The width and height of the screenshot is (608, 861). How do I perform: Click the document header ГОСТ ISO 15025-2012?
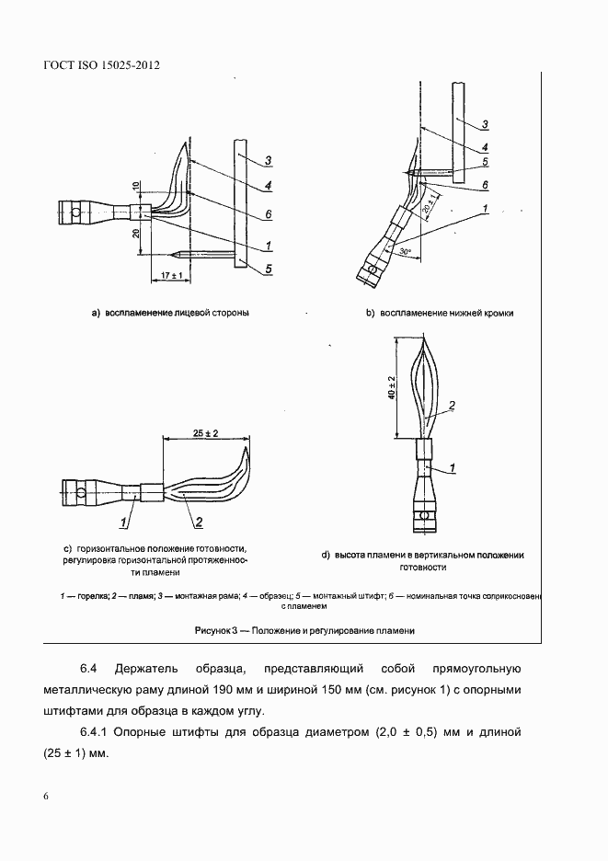96,66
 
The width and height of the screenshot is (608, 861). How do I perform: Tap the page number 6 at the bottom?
45,796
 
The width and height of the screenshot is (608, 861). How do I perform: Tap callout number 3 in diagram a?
269,162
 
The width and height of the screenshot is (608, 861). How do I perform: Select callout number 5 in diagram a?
269,269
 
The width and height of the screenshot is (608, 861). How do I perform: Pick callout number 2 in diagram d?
452,404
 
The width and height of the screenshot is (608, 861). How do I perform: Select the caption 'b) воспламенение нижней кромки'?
440,313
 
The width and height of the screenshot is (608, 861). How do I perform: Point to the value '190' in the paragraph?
294,690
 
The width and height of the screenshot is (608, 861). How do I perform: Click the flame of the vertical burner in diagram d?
425,386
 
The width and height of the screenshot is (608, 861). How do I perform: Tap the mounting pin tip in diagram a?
174,254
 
